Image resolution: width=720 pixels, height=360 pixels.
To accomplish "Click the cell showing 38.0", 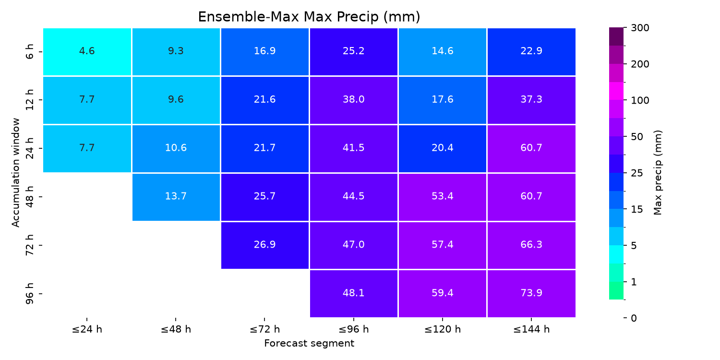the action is click(354, 100).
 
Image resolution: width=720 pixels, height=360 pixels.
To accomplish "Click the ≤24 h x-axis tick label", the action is click(87, 329).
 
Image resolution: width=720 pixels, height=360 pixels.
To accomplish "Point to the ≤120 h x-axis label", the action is click(442, 329).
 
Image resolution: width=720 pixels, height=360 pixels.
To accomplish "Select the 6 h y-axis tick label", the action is click(29, 52).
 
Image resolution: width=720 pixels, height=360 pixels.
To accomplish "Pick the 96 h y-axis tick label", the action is click(29, 294).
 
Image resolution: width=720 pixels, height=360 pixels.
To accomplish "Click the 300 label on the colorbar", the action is click(640, 28).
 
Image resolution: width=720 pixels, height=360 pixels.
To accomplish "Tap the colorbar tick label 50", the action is click(637, 137).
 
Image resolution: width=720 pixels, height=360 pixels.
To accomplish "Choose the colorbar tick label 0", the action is click(634, 318).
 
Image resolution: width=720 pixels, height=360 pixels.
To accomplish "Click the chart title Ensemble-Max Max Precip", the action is click(309, 17).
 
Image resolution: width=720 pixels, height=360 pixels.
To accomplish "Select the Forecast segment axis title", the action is click(309, 343).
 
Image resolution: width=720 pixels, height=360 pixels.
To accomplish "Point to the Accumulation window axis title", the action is click(15, 173).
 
